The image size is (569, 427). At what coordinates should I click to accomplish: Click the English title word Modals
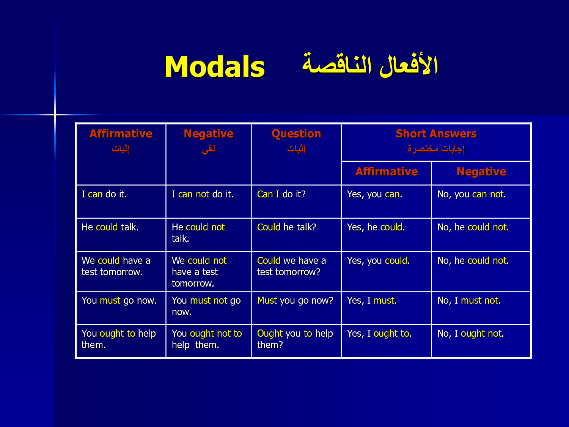pos(215,67)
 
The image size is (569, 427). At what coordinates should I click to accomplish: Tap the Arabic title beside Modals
pos(370,65)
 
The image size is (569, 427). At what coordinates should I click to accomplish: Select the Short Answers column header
pos(436,134)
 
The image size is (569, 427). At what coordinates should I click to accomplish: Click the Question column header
pos(296,134)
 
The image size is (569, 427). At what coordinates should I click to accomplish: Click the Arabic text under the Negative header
pos(209,149)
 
